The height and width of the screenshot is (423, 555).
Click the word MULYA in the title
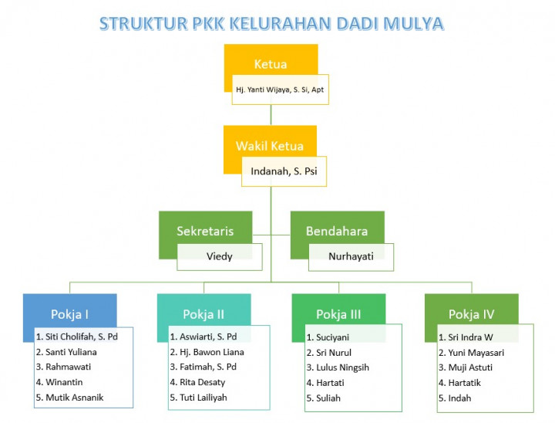(x=413, y=24)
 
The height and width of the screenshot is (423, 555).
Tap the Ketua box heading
(x=271, y=64)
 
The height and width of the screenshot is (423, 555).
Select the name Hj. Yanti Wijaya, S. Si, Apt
(x=280, y=90)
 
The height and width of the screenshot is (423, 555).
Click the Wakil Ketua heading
(x=270, y=146)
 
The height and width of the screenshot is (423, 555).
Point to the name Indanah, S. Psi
(x=284, y=171)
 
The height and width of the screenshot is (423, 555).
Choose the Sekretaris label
(x=205, y=231)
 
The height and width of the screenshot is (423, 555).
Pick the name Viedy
(x=220, y=256)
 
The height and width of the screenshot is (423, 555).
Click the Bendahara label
(x=337, y=231)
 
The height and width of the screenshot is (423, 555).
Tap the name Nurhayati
(x=351, y=256)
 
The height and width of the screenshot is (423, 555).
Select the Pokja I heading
(x=69, y=314)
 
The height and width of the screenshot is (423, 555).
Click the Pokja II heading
(x=203, y=314)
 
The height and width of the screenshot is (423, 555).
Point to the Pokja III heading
(x=338, y=314)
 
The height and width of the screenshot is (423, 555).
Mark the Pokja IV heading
(x=472, y=314)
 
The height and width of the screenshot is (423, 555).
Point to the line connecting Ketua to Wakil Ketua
(x=271, y=115)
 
